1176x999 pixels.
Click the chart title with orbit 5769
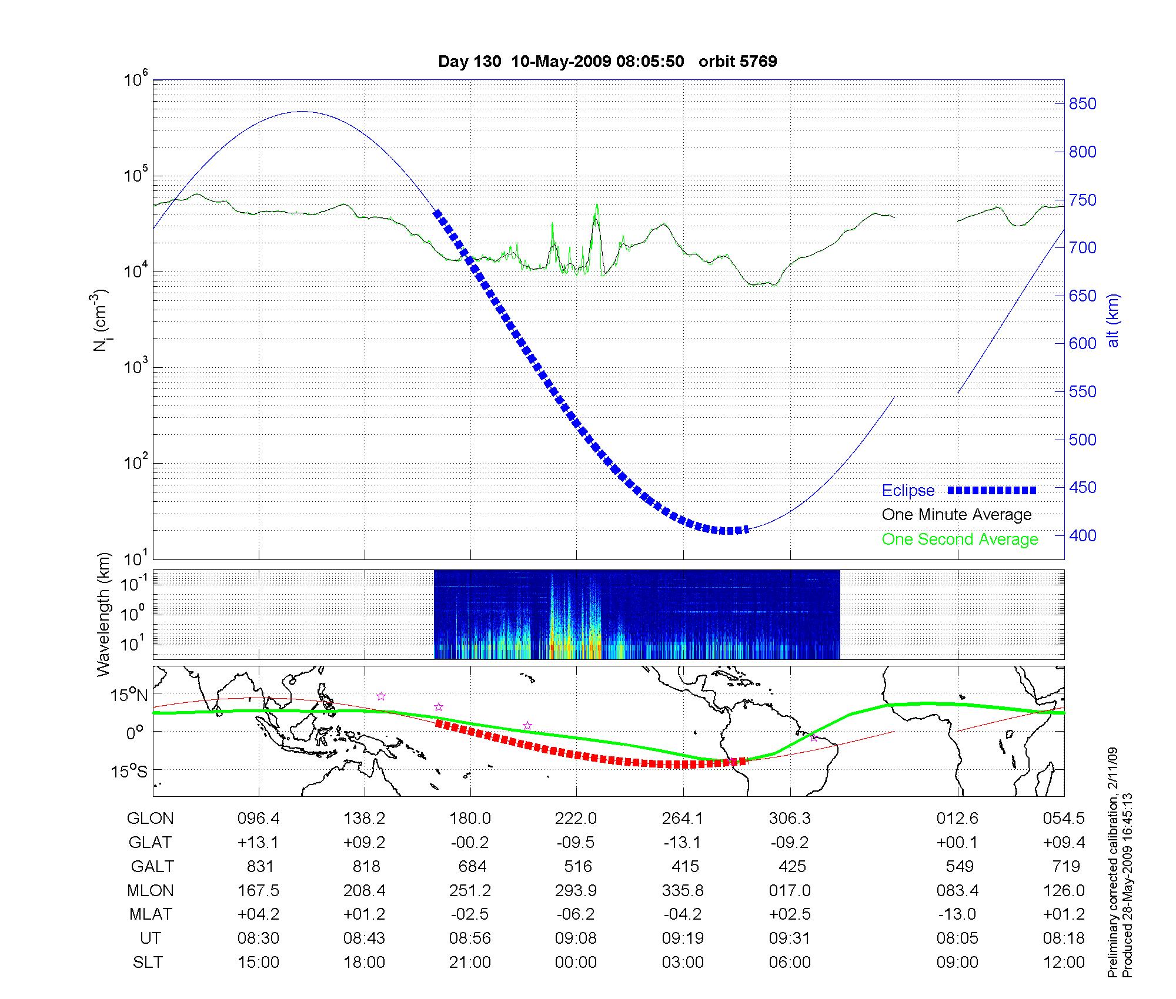[607, 62]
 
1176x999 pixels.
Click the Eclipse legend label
[908, 491]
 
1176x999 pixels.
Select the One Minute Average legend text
[957, 515]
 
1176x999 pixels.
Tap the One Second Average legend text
[960, 539]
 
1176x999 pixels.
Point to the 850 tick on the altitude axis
[1083, 104]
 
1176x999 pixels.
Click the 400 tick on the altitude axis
[1083, 535]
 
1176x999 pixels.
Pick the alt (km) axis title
[1114, 320]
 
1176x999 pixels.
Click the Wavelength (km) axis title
[104, 615]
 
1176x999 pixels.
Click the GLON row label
[151, 819]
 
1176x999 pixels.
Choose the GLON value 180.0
[470, 819]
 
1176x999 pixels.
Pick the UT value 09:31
[790, 938]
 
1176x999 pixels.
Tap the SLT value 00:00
[576, 963]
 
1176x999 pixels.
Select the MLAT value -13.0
[957, 914]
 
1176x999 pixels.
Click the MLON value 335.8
[683, 891]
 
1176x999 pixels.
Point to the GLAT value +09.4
[1064, 843]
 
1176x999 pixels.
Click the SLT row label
[148, 963]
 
